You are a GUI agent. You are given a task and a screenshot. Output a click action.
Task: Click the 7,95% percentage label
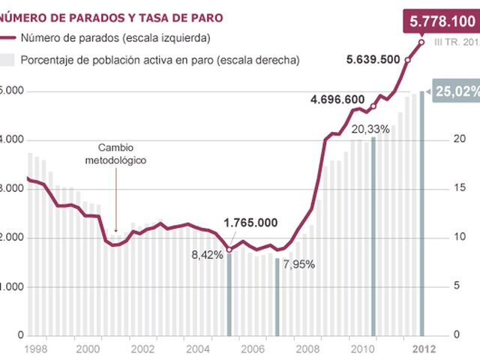tap(298, 264)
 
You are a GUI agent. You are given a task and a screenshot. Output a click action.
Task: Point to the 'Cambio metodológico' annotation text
tap(115, 154)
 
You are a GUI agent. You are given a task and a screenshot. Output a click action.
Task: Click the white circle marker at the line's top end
tap(421, 42)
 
